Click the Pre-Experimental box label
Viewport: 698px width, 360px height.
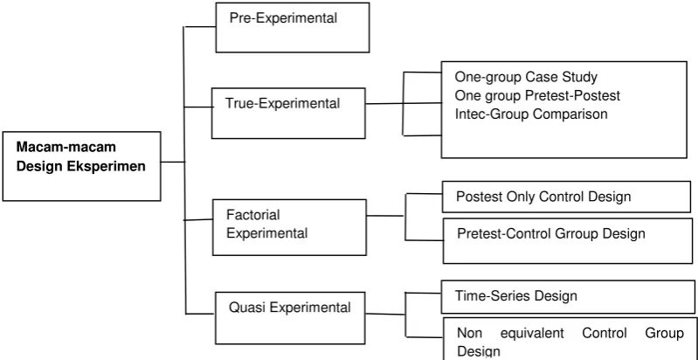coord(283,18)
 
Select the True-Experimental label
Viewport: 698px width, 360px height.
coord(283,104)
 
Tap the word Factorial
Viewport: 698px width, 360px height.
coord(253,215)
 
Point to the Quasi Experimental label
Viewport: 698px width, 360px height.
coord(290,308)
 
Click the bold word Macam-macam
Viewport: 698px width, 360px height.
coord(66,147)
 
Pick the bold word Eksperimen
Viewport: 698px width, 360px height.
coord(106,166)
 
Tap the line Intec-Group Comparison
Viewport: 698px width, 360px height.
coord(531,114)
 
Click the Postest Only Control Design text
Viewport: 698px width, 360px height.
coord(543,197)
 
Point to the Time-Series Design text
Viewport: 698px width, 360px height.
coord(516,296)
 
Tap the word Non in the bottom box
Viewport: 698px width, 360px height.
coord(467,333)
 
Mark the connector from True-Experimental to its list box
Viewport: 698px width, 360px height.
coord(404,104)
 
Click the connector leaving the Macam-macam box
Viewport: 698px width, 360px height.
coord(172,162)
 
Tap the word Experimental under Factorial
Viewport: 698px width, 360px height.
coord(267,233)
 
